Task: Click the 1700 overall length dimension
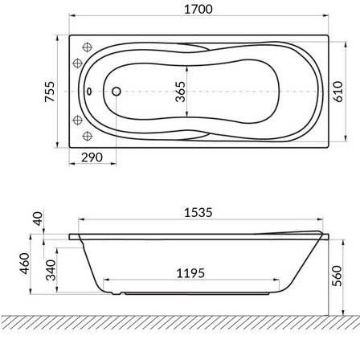click(x=198, y=9)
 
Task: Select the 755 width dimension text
click(x=50, y=92)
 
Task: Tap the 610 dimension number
click(x=338, y=92)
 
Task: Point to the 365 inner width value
click(x=181, y=92)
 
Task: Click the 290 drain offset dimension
click(x=92, y=157)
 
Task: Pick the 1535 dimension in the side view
click(x=198, y=213)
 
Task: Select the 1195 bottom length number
click(x=190, y=273)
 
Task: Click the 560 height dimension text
click(x=337, y=276)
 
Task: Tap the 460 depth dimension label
click(x=25, y=264)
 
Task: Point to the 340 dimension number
click(x=51, y=270)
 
